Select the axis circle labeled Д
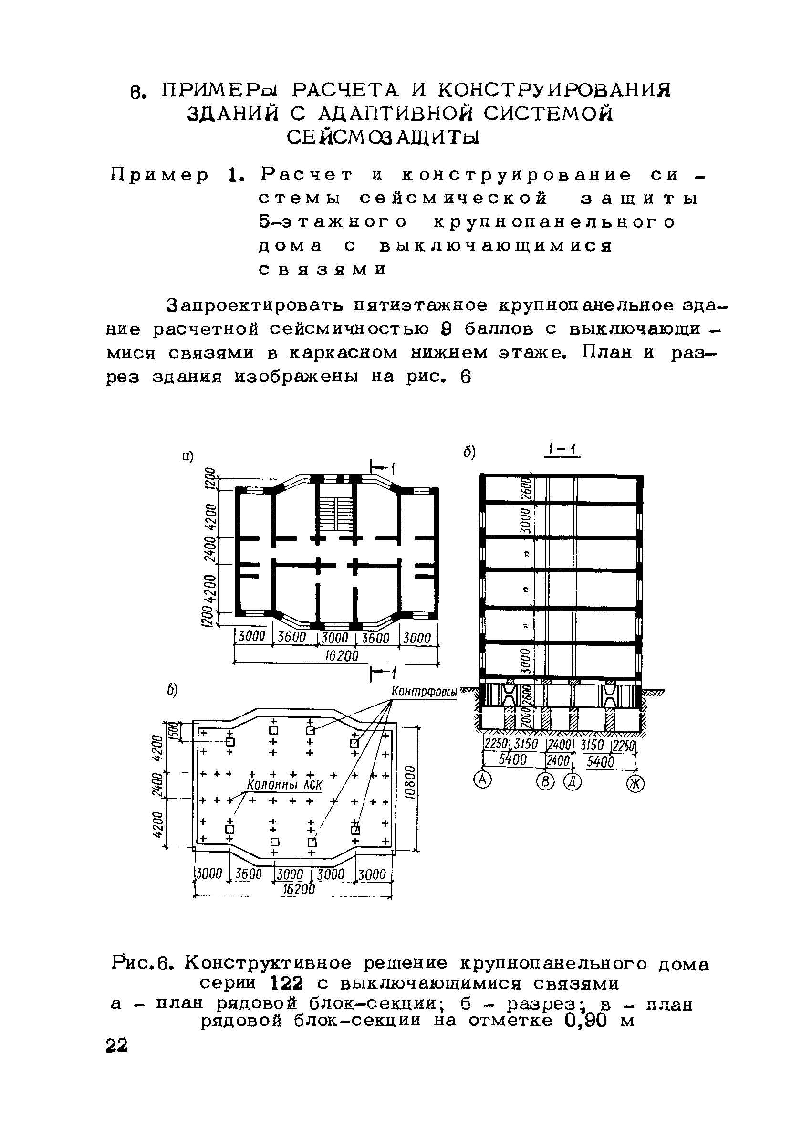pos(573,782)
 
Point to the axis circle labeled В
pos(545,782)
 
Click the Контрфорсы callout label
pos(424,692)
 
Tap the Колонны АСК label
pos(284,785)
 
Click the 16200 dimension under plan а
pos(341,656)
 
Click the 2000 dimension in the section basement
pos(526,718)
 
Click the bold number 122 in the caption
pos(287,983)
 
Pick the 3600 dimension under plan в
pos(248,874)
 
